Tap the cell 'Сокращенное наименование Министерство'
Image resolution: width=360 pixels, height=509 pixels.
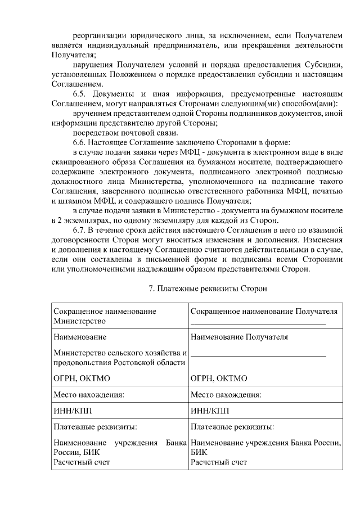click(105, 316)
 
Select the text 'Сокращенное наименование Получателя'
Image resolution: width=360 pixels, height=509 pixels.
click(264, 311)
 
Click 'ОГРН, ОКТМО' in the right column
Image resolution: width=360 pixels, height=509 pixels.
click(214, 378)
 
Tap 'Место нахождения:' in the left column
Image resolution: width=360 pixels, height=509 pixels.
click(89, 394)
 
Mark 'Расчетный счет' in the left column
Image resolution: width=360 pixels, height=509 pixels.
click(81, 462)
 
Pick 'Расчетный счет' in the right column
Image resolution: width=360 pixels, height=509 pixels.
click(219, 462)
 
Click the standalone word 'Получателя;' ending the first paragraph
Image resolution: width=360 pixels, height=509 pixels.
click(73, 55)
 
